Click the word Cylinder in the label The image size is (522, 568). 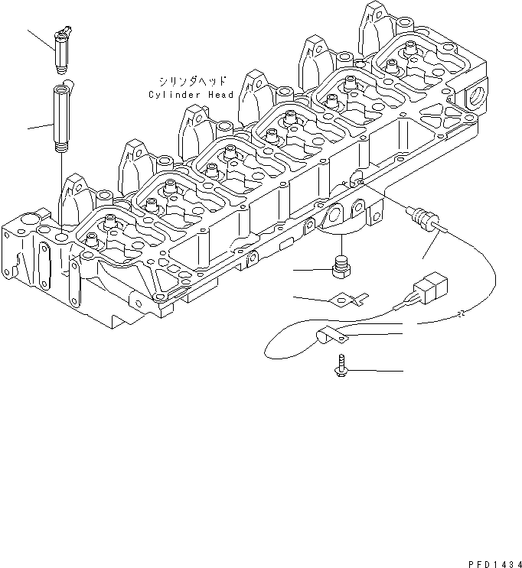[174, 95]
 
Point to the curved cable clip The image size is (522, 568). [329, 334]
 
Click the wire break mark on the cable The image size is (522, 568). [459, 313]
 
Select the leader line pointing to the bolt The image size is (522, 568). [375, 370]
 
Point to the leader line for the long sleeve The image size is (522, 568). [38, 125]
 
